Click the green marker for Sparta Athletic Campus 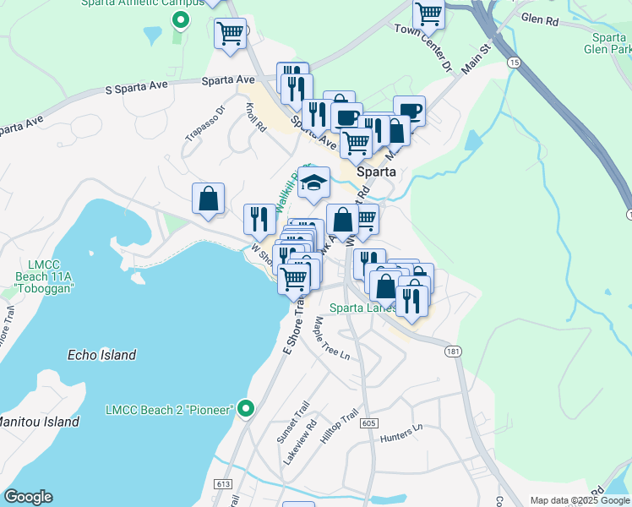179,19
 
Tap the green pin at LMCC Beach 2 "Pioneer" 246,409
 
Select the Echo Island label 101,355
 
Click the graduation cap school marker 313,183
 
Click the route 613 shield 223,483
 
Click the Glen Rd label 542,17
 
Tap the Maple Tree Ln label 331,338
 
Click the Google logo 28,497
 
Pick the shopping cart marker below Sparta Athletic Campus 230,35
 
